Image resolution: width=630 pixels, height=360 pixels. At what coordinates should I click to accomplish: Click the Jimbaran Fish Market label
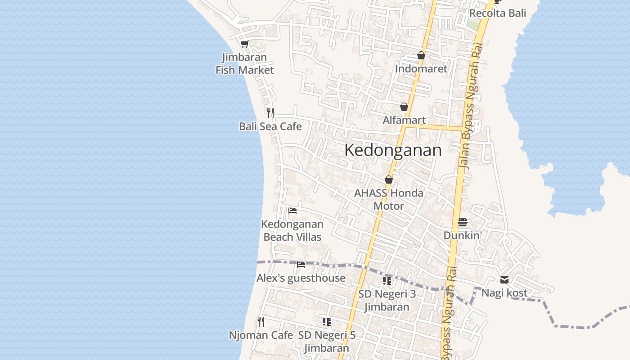tap(244, 63)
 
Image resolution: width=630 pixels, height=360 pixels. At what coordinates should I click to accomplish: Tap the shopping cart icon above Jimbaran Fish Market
tap(244, 44)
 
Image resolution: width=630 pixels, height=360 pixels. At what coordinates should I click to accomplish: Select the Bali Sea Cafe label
tap(270, 126)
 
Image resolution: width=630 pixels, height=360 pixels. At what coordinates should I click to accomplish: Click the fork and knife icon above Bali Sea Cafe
tap(270, 112)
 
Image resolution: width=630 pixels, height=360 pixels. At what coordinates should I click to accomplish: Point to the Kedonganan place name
tap(393, 150)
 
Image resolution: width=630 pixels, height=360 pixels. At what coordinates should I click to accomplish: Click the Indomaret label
tap(421, 69)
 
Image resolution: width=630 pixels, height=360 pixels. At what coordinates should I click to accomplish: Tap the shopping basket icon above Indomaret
tap(421, 55)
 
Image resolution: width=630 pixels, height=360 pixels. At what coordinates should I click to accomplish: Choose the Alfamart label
tap(404, 120)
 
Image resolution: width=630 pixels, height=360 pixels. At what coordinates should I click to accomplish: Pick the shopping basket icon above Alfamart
tap(404, 107)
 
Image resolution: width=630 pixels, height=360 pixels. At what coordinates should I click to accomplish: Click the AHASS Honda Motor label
tap(389, 199)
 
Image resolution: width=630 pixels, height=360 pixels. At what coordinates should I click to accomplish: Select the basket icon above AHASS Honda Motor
tap(389, 180)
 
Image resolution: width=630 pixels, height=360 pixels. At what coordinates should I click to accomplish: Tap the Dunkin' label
tap(463, 235)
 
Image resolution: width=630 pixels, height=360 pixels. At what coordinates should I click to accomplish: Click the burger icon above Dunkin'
tap(463, 222)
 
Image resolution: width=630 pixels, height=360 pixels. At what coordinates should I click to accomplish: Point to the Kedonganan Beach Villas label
tap(292, 230)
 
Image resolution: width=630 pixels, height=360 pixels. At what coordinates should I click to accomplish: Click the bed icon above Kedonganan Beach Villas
tap(292, 210)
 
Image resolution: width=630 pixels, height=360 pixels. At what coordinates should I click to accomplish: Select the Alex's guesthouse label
tap(301, 279)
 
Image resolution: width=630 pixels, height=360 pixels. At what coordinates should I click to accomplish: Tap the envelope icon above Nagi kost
tap(504, 280)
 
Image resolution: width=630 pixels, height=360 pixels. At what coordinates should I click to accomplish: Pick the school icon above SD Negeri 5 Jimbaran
tap(327, 321)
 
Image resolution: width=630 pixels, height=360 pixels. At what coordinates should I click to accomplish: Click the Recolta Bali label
tap(498, 13)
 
